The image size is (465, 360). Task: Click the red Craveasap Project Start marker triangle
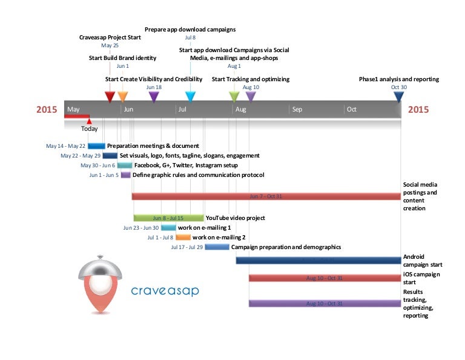pyautogui.click(x=110, y=96)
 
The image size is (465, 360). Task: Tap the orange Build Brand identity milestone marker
pyautogui.click(x=123, y=96)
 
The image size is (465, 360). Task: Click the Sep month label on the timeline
pyautogui.click(x=297, y=110)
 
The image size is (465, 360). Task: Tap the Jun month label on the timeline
pyautogui.click(x=128, y=110)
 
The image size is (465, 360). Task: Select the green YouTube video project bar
pyautogui.click(x=168, y=218)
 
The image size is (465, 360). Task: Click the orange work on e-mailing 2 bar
pyautogui.click(x=183, y=238)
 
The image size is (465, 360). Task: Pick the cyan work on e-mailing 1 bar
pyautogui.click(x=168, y=228)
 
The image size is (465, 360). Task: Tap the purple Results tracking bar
pyautogui.click(x=325, y=303)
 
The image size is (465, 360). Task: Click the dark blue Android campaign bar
pyautogui.click(x=318, y=260)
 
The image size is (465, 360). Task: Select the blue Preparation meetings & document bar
pyautogui.click(x=96, y=146)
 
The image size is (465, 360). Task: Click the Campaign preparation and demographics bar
pyautogui.click(x=217, y=247)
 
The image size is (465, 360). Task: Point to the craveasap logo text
pyautogui.click(x=165, y=291)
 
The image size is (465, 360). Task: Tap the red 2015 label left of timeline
pyautogui.click(x=47, y=110)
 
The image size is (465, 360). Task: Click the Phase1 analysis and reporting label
pyautogui.click(x=398, y=79)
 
